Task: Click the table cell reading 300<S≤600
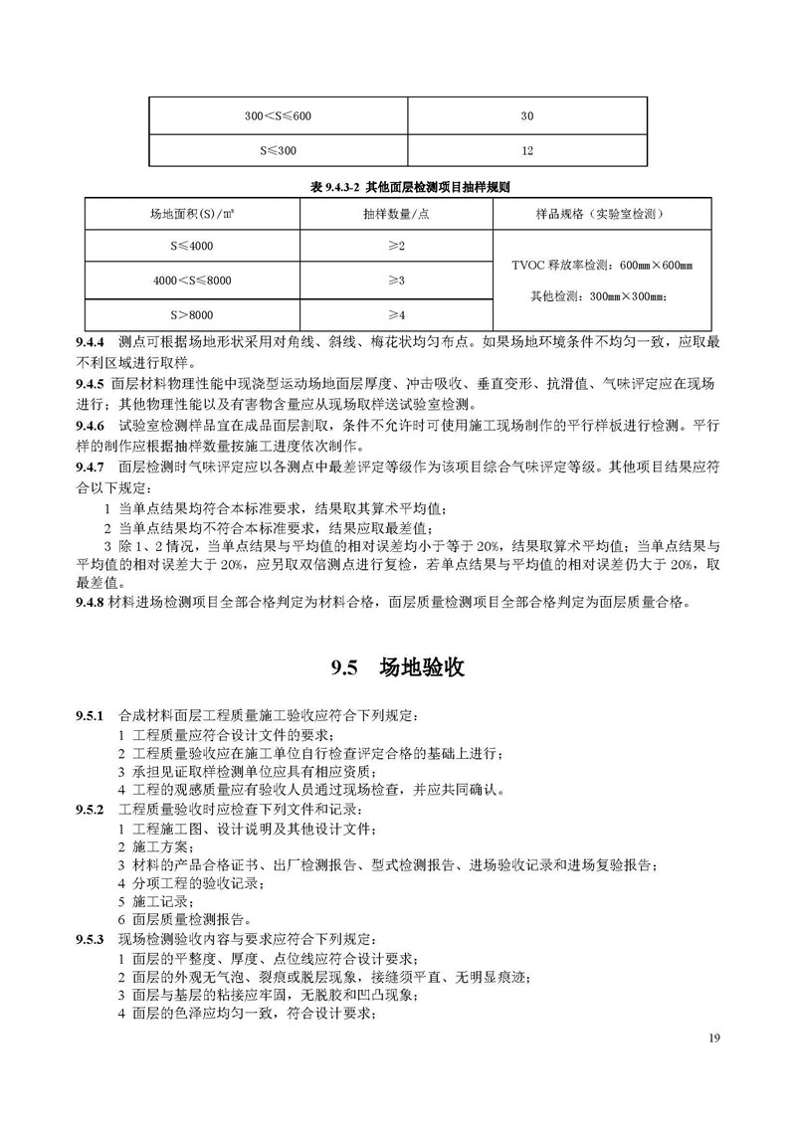point(278,116)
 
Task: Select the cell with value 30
point(526,116)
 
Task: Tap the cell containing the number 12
point(526,151)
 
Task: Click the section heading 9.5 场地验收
point(398,668)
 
